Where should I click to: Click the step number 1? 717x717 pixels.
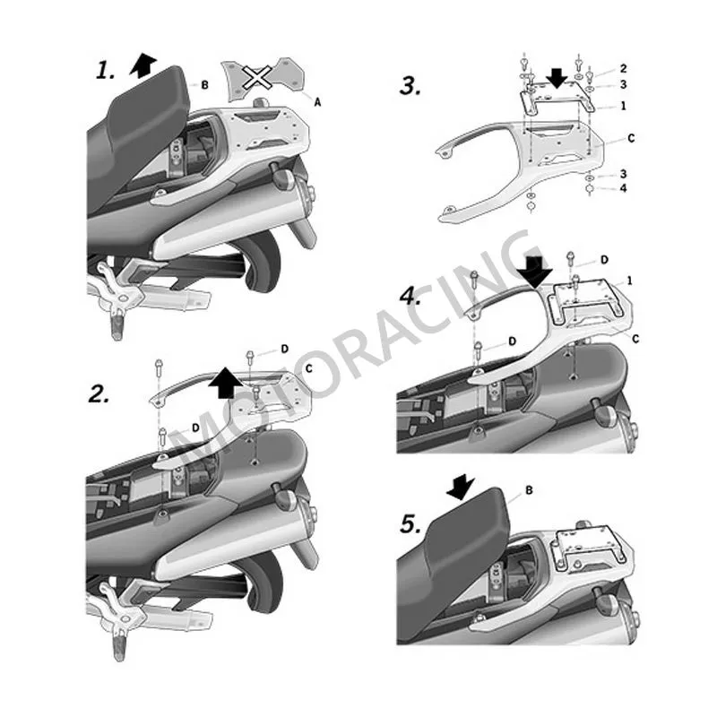click(105, 71)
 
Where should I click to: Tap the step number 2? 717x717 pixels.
click(99, 393)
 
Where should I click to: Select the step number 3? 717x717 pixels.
click(410, 85)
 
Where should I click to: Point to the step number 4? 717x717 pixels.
click(410, 297)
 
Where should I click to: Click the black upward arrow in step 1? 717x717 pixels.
click(143, 65)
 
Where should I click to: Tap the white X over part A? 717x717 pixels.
click(257, 76)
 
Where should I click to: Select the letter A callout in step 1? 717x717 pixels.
click(317, 102)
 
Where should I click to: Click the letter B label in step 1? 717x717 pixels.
click(205, 85)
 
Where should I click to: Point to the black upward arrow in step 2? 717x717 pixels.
click(226, 382)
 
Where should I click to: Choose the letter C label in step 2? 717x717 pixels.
click(308, 368)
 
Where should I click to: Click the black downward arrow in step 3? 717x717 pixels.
click(557, 77)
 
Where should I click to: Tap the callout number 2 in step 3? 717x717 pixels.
click(623, 69)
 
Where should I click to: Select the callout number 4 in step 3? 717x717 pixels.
click(623, 188)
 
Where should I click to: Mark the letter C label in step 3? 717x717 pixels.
click(631, 138)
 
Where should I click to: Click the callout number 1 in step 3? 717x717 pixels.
click(623, 106)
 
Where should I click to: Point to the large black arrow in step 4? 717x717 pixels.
click(534, 272)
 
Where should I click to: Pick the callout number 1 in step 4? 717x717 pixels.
click(630, 281)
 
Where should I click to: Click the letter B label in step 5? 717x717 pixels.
click(529, 490)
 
